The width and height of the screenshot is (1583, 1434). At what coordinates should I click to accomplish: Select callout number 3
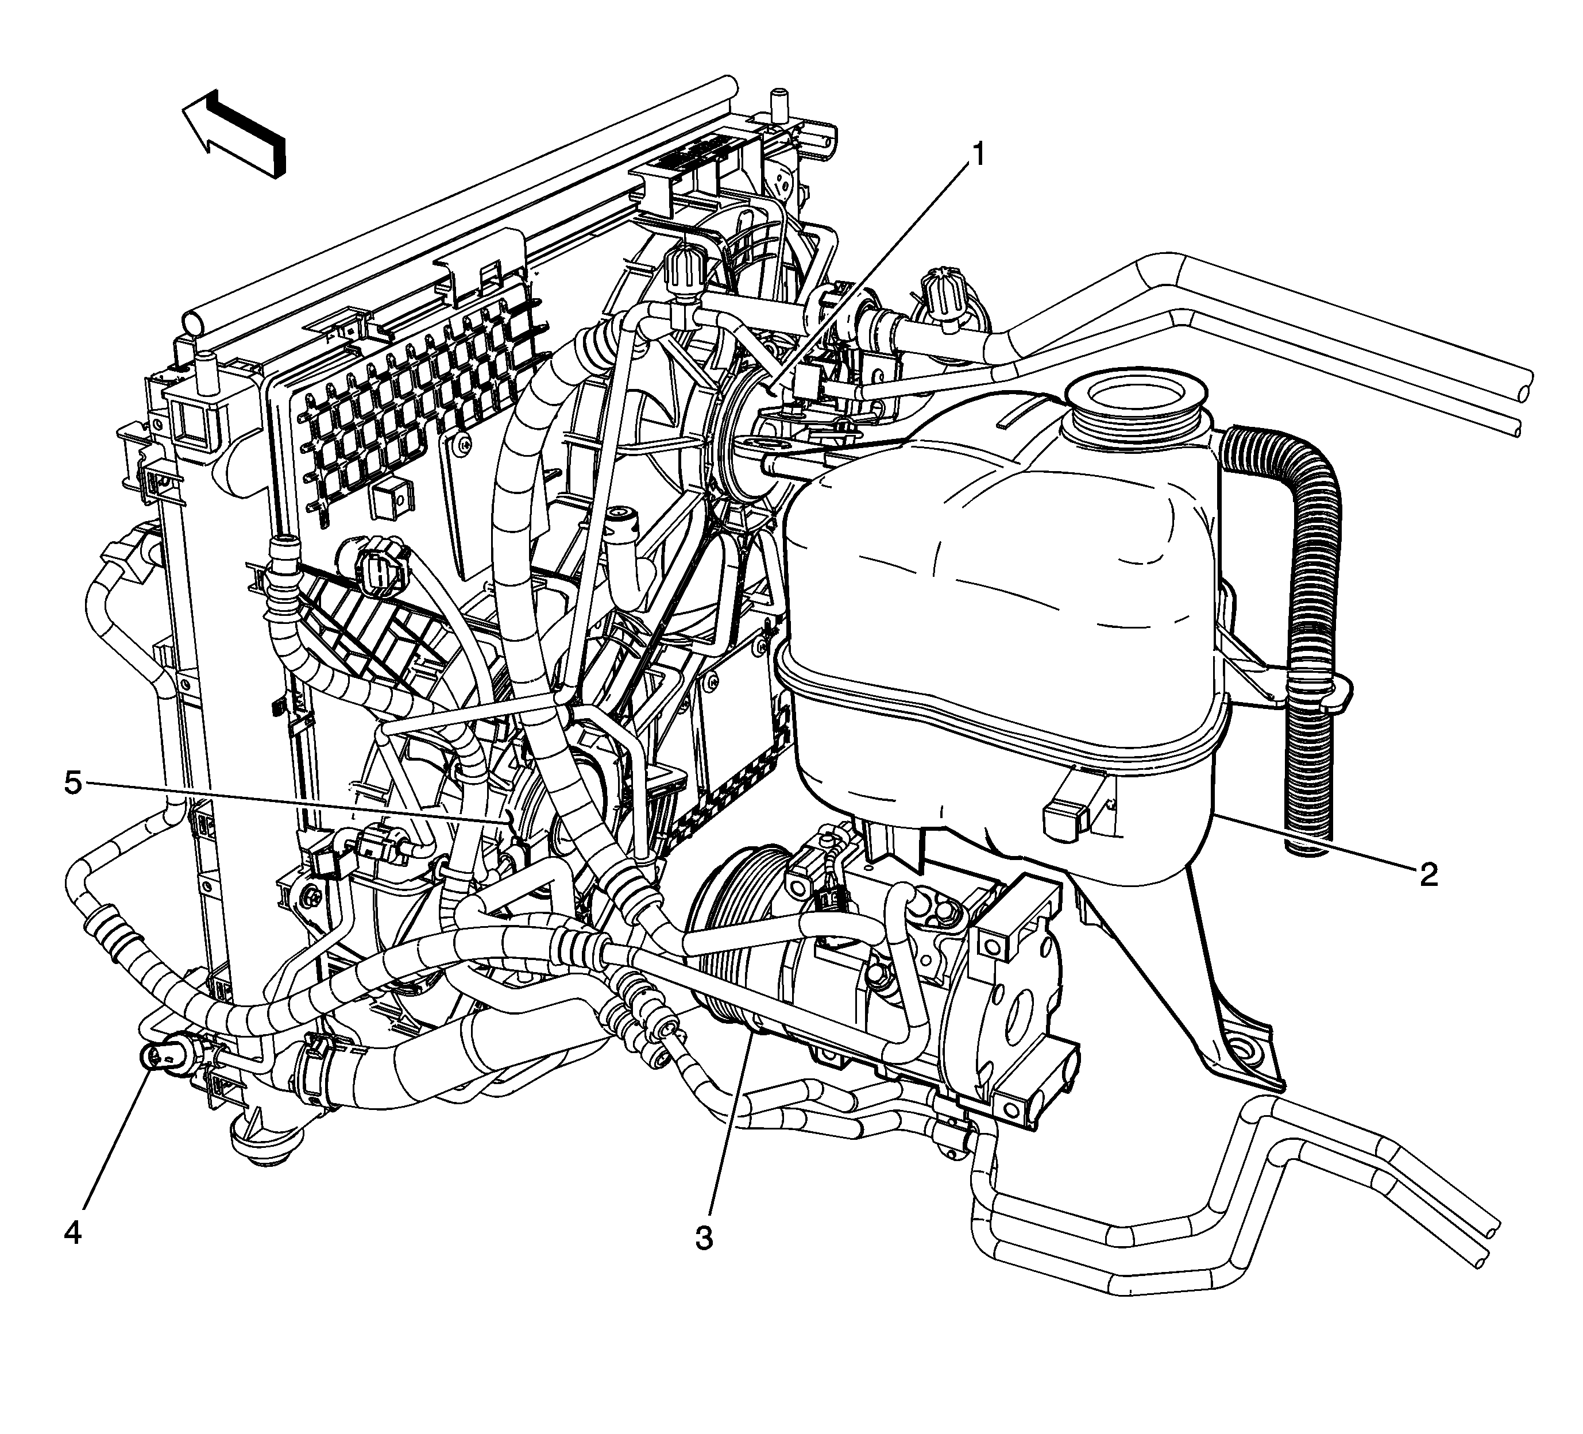[x=704, y=1239]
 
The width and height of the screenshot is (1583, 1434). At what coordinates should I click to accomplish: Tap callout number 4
[x=72, y=1232]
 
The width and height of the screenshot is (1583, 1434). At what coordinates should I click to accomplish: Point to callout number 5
[x=72, y=783]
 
